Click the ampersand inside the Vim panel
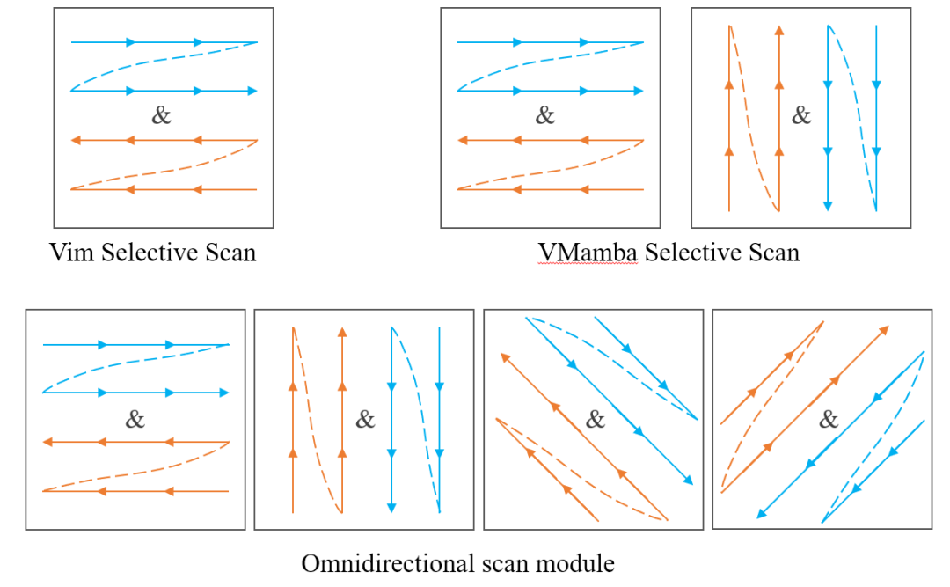[x=161, y=115]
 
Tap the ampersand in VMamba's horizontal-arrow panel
[x=545, y=115]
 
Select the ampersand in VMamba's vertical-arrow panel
[x=800, y=115]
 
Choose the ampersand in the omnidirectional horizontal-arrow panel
[x=135, y=419]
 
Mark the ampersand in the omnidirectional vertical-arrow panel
[x=364, y=419]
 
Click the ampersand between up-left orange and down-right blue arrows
[x=596, y=419]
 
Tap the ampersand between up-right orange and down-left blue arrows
[x=829, y=419]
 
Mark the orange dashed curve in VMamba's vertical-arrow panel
[x=754, y=119]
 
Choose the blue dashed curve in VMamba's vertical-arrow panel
[x=852, y=119]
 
